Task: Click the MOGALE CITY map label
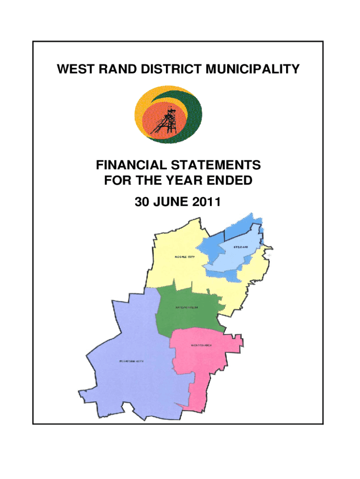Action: pyautogui.click(x=184, y=257)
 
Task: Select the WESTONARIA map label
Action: pyautogui.click(x=201, y=346)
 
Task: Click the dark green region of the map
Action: pyautogui.click(x=187, y=318)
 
